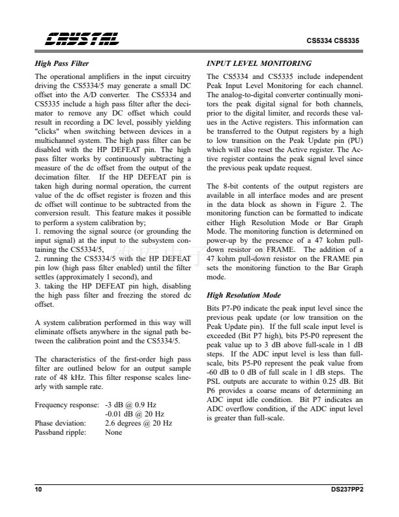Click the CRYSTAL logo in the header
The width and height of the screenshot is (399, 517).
pos(81,40)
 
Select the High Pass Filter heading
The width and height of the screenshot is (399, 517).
pos(62,64)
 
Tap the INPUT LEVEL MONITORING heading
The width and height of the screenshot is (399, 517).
pos(259,64)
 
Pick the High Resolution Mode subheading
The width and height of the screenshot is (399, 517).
pos(243,295)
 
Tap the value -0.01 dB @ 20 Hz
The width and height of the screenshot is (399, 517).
pos(134,414)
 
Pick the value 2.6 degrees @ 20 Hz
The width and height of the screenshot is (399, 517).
pos(138,423)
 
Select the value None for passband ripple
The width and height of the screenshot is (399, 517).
pos(113,432)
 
